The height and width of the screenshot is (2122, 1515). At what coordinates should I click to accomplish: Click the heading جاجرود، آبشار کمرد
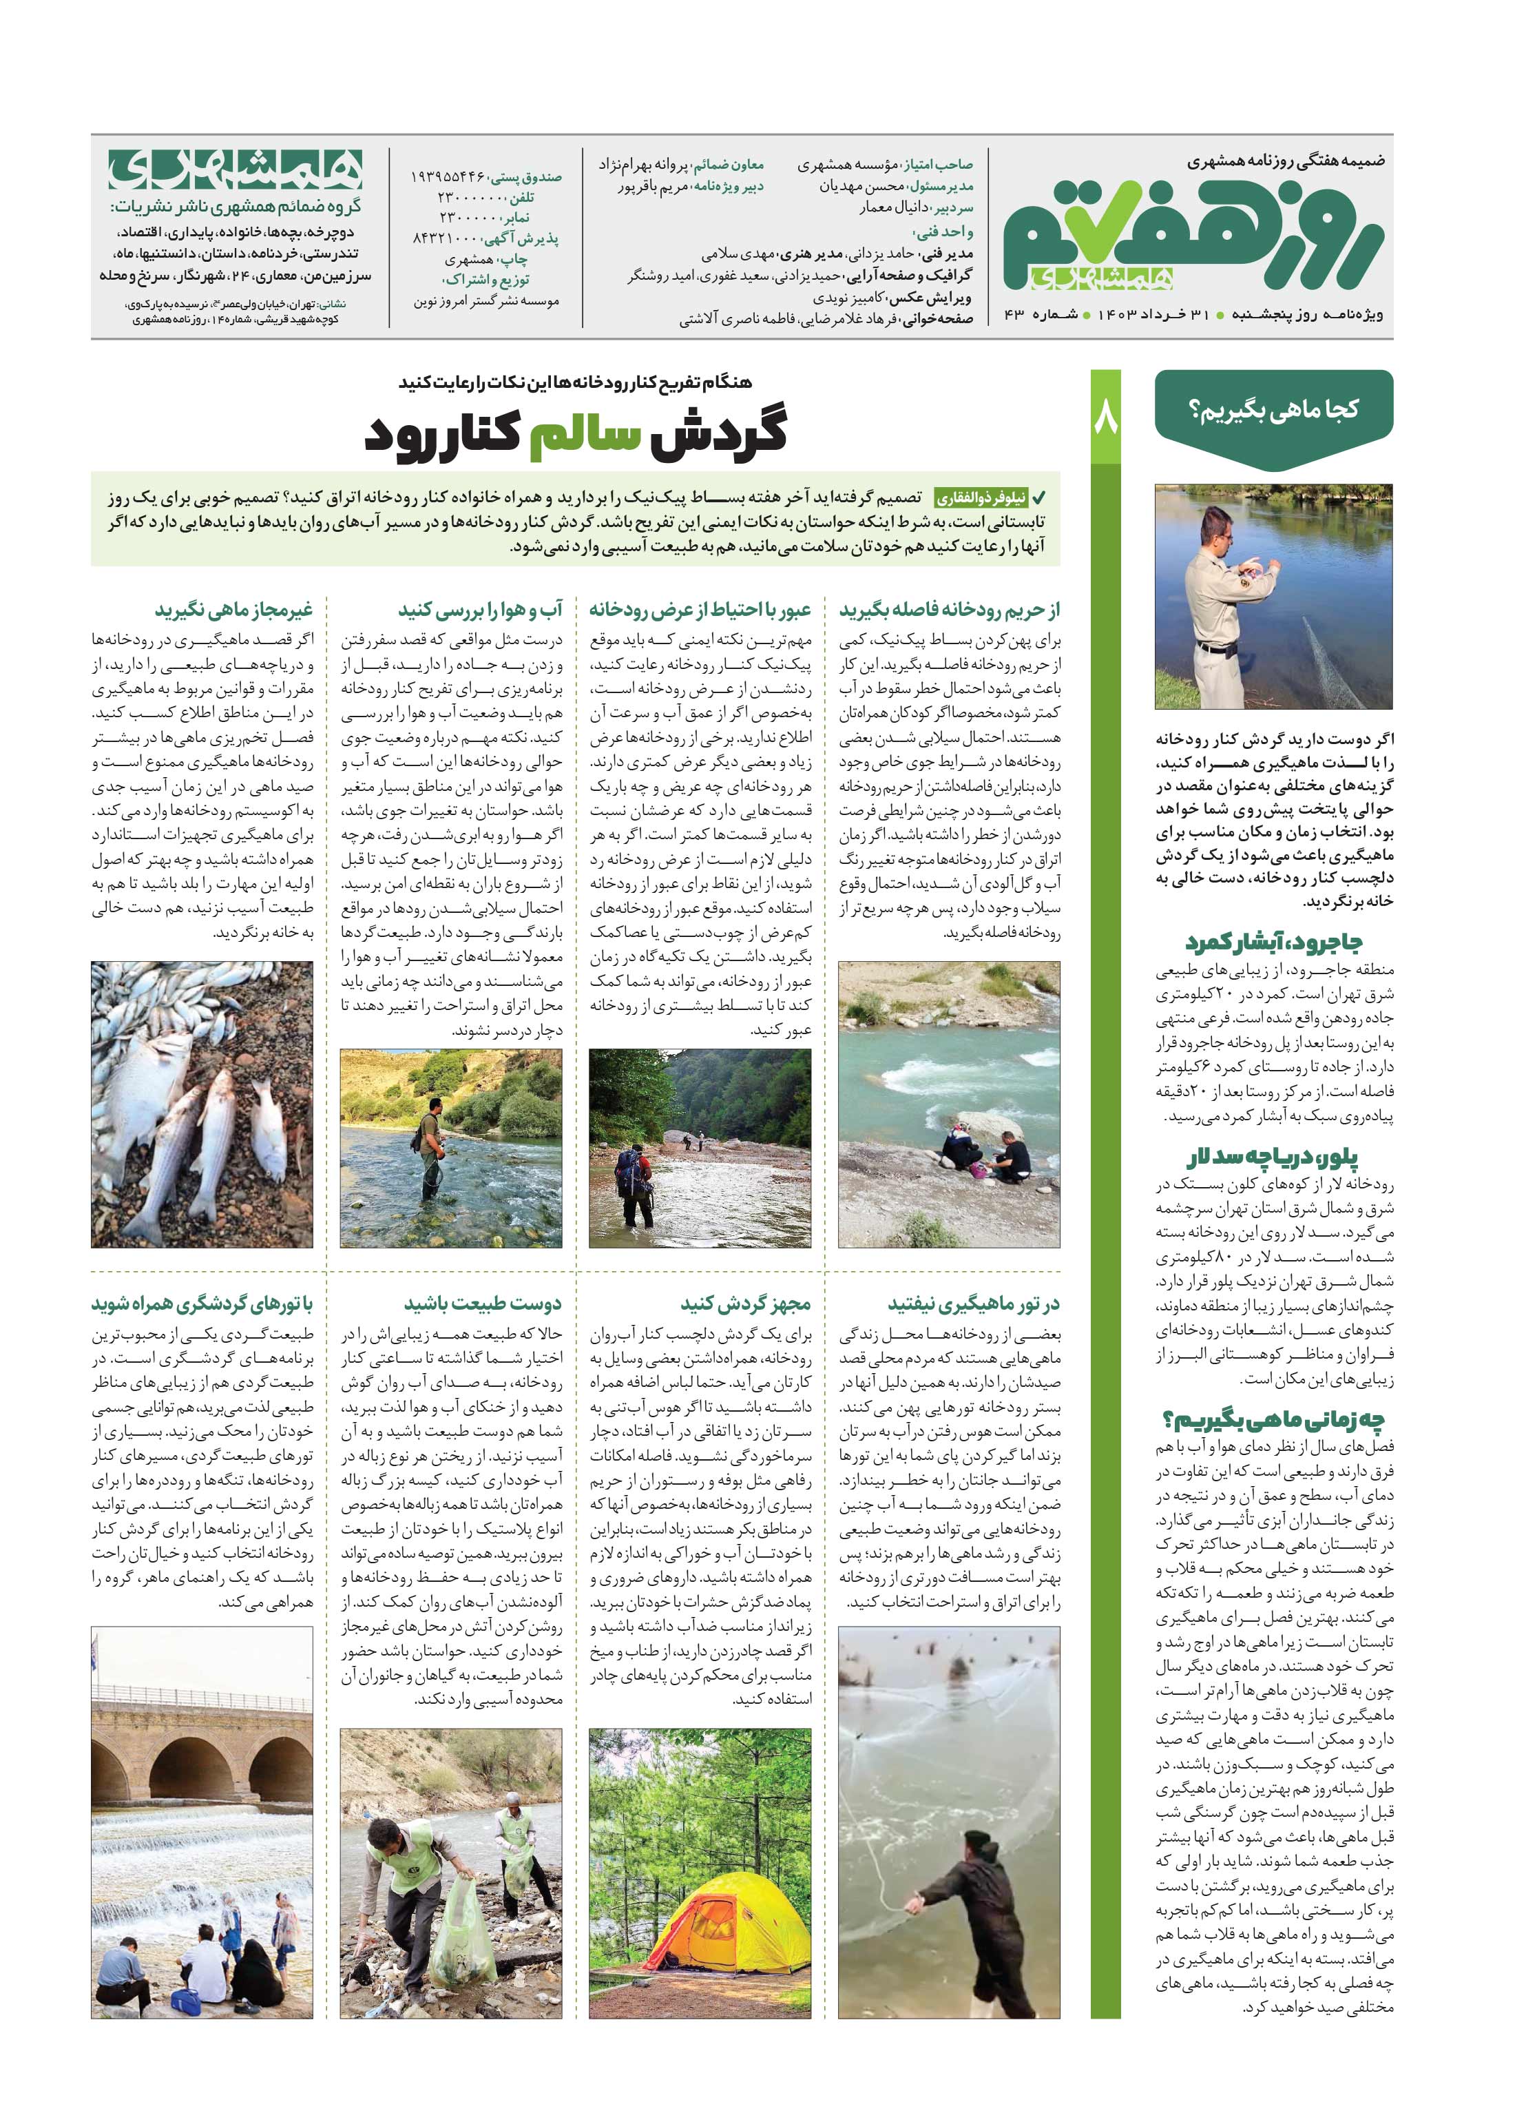[x=1273, y=942]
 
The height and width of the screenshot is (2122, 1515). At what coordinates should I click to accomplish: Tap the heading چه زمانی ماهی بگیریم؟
[x=1273, y=1420]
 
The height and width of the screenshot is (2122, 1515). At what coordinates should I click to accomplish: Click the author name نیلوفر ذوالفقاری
[x=981, y=497]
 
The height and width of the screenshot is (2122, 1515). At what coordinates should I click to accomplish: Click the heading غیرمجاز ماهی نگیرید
[x=233, y=610]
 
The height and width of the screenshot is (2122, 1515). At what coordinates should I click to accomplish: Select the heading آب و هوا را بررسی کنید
[x=481, y=610]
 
